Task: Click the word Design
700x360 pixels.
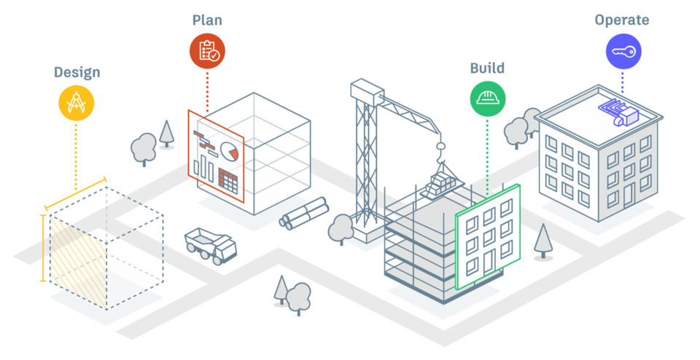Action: click(x=77, y=72)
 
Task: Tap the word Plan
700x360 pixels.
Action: click(x=207, y=19)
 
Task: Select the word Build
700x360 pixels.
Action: click(x=486, y=69)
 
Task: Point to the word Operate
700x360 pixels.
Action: click(x=622, y=20)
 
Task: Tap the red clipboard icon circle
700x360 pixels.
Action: click(x=208, y=50)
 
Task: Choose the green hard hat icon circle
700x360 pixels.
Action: click(x=487, y=98)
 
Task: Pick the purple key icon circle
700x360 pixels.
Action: click(x=623, y=52)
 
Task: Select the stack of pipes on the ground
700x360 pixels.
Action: click(x=303, y=214)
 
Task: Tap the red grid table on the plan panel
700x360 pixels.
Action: click(x=229, y=180)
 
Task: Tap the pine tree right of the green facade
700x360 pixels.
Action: click(x=542, y=240)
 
